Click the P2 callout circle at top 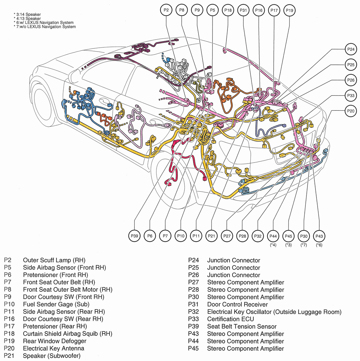click(166, 10)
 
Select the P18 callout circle click(228, 10)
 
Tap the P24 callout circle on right click(351, 49)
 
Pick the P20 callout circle click(351, 111)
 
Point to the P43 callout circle click(319, 236)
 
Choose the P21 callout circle click(211, 236)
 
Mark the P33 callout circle click(351, 95)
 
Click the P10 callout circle click(181, 236)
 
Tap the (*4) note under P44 click(273, 245)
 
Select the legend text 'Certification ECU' click(231, 319)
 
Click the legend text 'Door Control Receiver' click(238, 305)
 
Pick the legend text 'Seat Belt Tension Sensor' click(242, 327)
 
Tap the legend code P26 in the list click(193, 275)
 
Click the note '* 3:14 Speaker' click(27, 15)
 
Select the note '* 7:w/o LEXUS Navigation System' click(45, 27)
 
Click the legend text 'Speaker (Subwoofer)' click(51, 356)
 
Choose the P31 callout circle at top click(243, 10)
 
